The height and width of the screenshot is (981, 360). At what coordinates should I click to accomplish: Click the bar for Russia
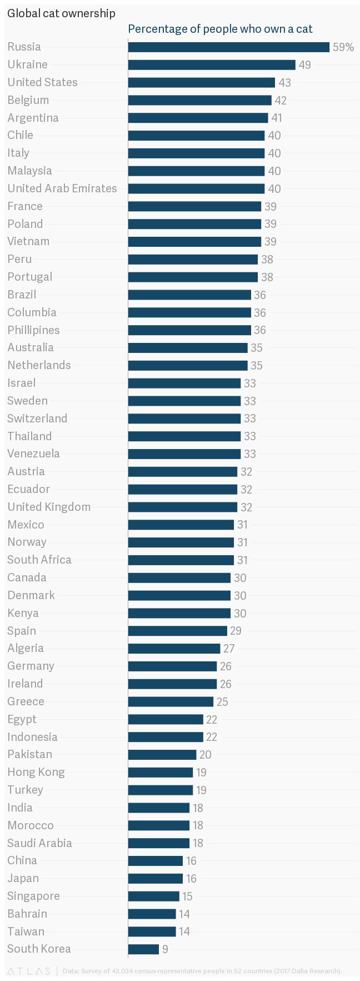(x=228, y=47)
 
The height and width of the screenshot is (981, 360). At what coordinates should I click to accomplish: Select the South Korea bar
(x=143, y=949)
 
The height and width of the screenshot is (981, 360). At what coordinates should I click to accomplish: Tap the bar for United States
(x=201, y=82)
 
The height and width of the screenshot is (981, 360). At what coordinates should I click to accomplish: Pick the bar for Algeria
(x=174, y=648)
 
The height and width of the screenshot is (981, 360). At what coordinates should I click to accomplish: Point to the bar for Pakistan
(x=162, y=754)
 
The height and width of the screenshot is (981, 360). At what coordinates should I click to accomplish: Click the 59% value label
(x=343, y=47)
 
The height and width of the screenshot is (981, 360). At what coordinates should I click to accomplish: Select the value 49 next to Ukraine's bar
(x=304, y=65)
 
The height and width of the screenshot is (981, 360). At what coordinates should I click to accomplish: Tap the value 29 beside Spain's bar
(x=235, y=631)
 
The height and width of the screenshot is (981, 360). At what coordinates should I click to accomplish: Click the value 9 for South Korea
(x=165, y=949)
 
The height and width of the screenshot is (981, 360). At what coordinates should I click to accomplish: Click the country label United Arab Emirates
(x=62, y=188)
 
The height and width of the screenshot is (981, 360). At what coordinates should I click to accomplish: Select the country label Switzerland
(x=37, y=419)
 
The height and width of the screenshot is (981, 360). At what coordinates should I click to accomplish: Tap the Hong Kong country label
(x=36, y=772)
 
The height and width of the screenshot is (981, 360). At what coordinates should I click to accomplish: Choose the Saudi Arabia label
(x=39, y=843)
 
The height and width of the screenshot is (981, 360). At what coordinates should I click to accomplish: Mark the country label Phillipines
(x=33, y=330)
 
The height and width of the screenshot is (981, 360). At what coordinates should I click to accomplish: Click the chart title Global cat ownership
(x=61, y=13)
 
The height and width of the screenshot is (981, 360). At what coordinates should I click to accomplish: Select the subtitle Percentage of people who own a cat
(x=220, y=29)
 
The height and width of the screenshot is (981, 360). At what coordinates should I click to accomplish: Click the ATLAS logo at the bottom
(x=28, y=971)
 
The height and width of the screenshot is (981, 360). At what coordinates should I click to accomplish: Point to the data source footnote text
(x=202, y=971)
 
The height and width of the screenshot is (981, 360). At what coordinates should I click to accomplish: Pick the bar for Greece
(x=171, y=701)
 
